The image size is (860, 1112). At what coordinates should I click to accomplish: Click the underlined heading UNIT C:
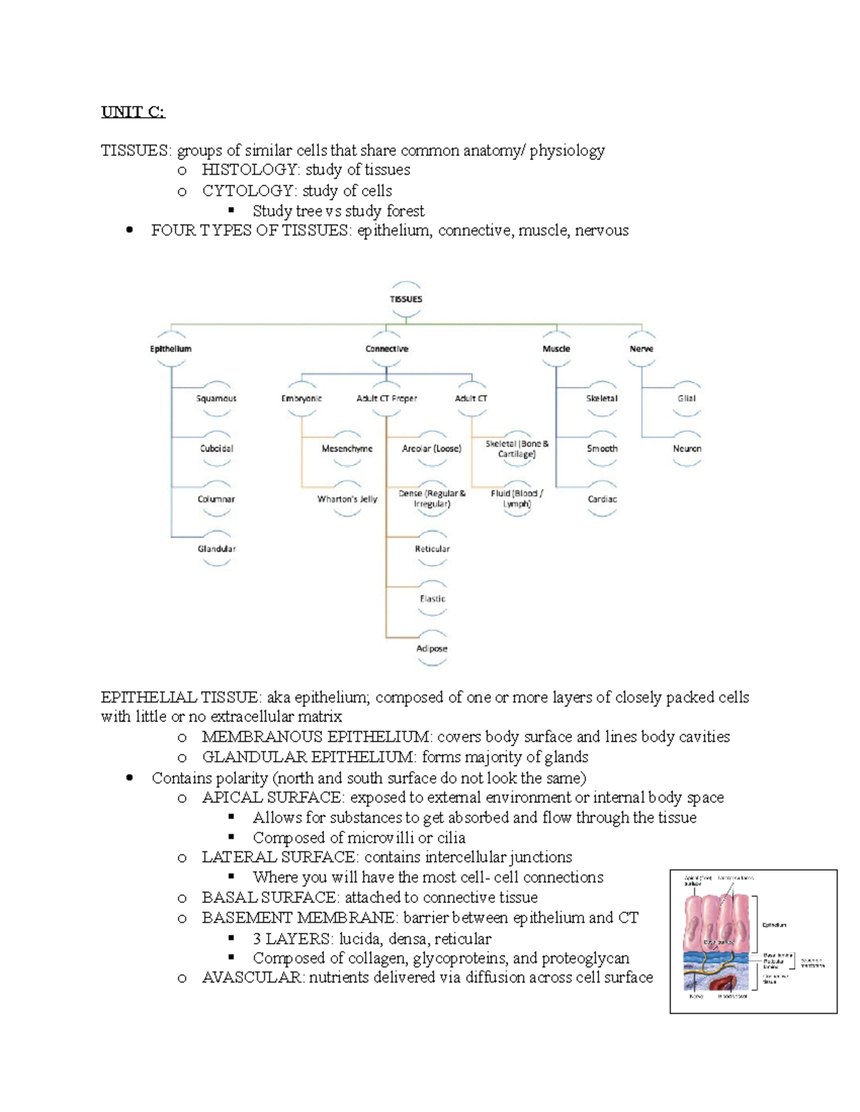[133, 112]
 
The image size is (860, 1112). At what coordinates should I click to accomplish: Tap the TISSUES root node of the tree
[406, 299]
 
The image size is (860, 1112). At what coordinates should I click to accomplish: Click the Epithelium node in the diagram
[171, 349]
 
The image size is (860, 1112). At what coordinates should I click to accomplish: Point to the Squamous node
[216, 398]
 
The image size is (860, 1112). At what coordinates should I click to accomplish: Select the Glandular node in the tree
[216, 548]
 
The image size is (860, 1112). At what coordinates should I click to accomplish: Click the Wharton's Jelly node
[347, 499]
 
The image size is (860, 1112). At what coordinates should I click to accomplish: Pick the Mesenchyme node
[347, 448]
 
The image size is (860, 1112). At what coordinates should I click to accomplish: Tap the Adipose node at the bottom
[432, 649]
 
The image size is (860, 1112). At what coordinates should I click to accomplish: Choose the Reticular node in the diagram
[432, 548]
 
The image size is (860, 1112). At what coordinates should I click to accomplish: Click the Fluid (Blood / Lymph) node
[517, 498]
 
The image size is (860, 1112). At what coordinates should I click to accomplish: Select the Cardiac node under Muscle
[602, 499]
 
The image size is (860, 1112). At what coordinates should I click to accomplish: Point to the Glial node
[687, 398]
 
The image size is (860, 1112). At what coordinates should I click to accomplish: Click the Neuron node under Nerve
[687, 448]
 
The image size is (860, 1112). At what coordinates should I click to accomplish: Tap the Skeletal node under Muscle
[602, 398]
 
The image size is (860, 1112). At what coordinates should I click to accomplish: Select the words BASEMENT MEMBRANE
[297, 918]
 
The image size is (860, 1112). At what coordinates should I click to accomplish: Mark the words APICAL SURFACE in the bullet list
[272, 798]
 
